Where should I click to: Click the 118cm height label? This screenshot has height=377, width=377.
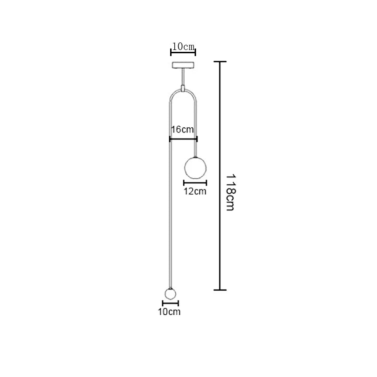pos(231,193)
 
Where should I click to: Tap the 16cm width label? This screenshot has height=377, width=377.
pos(182,130)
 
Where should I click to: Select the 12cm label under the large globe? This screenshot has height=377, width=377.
pos(195,191)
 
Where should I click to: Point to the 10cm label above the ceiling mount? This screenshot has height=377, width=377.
pos(183,47)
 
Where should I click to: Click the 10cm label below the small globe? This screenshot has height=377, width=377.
pos(169,312)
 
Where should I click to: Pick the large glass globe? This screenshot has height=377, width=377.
pos(195,168)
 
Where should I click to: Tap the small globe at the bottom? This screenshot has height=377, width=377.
pos(170,294)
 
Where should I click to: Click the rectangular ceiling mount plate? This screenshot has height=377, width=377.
pos(183,65)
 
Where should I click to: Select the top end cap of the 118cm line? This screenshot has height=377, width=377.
pos(220,62)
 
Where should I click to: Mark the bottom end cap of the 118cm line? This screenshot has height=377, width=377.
pos(220,290)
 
